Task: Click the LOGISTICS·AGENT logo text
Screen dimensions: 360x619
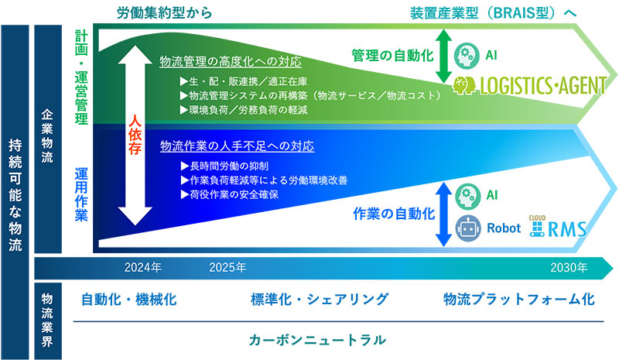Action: [x=543, y=83]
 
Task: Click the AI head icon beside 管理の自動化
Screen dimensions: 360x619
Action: [x=467, y=56]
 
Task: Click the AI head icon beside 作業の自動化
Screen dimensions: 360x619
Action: [x=467, y=194]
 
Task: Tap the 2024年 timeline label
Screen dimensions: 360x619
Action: [x=142, y=268]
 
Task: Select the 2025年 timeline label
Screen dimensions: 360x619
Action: [x=227, y=268]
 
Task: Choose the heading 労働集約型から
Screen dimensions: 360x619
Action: [x=163, y=13]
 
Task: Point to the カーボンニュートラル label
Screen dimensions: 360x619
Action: [x=317, y=340]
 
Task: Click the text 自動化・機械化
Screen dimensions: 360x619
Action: [x=129, y=300]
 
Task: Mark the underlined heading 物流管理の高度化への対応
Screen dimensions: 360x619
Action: [x=230, y=62]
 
